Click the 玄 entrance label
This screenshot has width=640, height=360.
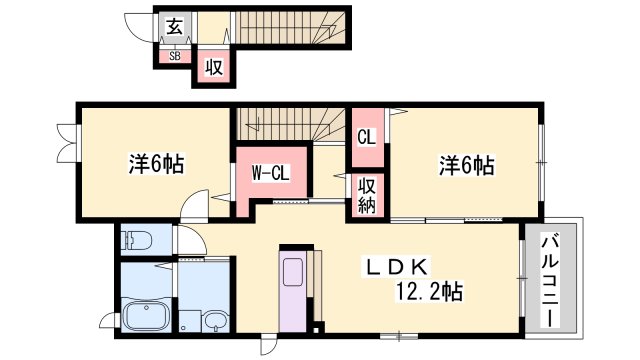click(174, 27)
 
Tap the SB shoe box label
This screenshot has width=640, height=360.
click(175, 56)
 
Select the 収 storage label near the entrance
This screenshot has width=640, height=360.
click(214, 67)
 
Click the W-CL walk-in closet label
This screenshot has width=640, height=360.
click(270, 173)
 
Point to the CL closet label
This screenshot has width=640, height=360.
click(366, 137)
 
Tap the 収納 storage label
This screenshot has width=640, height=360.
click(367, 196)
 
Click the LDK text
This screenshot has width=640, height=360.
click(397, 267)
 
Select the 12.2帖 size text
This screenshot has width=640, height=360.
click(429, 292)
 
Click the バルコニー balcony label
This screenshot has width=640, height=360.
click(550, 280)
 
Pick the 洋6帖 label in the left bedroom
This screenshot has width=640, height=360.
click(156, 164)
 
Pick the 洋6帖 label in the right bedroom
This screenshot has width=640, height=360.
click(467, 166)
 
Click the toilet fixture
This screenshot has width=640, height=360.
click(137, 240)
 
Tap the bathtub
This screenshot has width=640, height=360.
click(147, 314)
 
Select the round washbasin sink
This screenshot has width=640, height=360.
click(216, 320)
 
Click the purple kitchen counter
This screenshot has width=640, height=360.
click(293, 289)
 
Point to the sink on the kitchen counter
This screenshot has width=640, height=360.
click(293, 271)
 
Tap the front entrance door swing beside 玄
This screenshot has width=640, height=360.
click(139, 27)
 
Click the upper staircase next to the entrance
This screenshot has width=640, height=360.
click(290, 27)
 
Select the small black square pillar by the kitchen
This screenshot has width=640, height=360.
click(317, 328)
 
